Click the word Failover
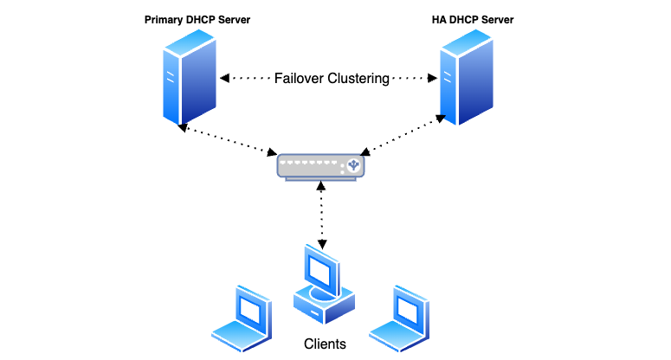299,79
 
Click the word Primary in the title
165,19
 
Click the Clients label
325,344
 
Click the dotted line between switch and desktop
322,212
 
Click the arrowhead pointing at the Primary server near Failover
225,79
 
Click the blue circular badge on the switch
352,164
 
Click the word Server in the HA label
502,19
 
